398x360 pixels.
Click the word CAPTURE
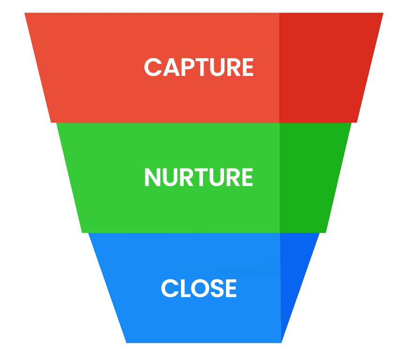tap(199, 67)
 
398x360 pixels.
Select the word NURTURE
tap(199, 178)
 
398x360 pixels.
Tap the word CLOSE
tap(199, 288)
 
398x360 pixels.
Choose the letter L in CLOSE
tap(182, 288)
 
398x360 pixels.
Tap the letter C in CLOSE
tap(169, 288)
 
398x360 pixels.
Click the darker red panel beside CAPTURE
tap(323, 67)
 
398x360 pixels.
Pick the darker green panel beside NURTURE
tap(309, 178)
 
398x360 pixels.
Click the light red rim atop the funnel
tap(141, 6)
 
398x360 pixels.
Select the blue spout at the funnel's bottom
tap(203, 352)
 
